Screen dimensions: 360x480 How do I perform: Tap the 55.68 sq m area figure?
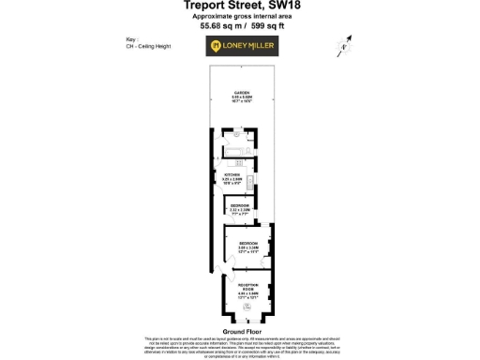tap(217, 26)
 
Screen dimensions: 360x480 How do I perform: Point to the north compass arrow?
tap(346, 42)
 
